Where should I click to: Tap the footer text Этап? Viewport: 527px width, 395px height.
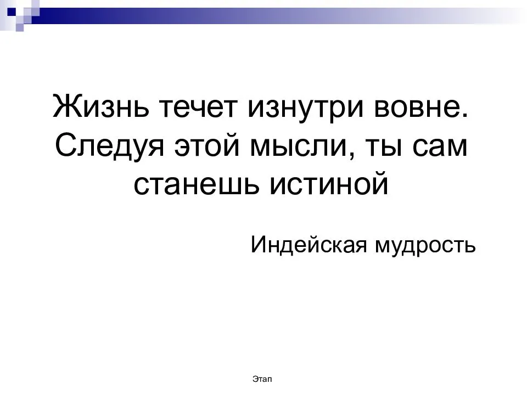(x=262, y=379)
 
